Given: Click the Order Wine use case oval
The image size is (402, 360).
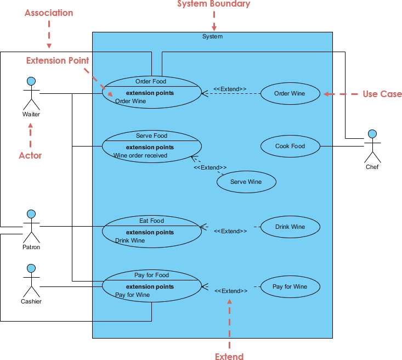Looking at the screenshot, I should [x=290, y=94].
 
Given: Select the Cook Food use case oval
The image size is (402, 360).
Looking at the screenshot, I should [x=290, y=147].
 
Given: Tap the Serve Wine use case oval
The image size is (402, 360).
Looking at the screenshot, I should [x=246, y=182].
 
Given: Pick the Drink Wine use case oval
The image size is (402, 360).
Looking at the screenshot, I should [x=290, y=227].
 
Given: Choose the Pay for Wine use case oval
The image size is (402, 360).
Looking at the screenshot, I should [x=290, y=287].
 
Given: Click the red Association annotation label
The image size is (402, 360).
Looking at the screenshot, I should [x=49, y=13].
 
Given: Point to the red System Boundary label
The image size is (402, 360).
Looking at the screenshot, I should [x=213, y=4].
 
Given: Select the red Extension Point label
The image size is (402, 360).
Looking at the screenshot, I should [x=58, y=60].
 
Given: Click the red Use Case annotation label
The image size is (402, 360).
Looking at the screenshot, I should [x=382, y=94].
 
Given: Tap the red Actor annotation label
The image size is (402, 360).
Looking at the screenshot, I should [x=30, y=155].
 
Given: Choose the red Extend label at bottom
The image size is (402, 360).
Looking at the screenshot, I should [x=229, y=357].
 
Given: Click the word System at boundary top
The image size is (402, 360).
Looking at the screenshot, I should [x=212, y=36].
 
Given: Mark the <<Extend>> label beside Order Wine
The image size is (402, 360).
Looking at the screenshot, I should [x=230, y=89].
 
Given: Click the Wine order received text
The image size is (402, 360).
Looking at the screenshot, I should [x=140, y=156].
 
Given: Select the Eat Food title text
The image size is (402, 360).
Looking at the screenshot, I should [x=151, y=221].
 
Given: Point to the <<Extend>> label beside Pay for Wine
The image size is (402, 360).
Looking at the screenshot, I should [x=230, y=291].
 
